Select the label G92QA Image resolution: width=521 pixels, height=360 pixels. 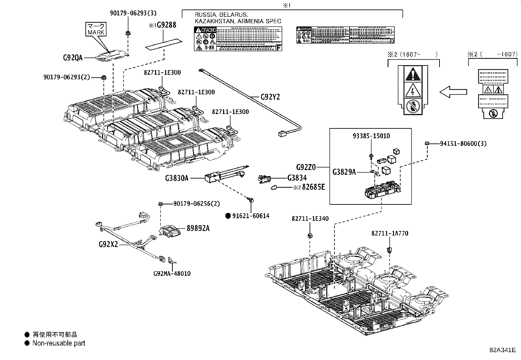pos(73,58)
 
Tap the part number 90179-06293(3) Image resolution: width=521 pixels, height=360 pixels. pos(133,13)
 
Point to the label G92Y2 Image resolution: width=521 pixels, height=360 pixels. pos(270,97)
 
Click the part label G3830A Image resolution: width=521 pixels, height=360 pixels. pos(177,178)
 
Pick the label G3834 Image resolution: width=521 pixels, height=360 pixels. pos(297,178)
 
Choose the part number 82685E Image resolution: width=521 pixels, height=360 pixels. pos(313,187)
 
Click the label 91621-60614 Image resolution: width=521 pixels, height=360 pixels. pos(251,216)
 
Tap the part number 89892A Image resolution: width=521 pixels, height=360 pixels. pos(198,228)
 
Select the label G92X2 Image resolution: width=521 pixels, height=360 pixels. pos(108,244)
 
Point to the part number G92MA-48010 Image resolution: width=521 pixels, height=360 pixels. pos(172,274)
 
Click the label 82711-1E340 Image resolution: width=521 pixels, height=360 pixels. pos(310,218)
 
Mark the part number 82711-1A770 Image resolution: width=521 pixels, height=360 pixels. pos(390,234)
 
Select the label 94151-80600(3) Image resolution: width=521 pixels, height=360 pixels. pos(463,143)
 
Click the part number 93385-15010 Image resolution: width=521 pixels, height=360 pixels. pos(371,136)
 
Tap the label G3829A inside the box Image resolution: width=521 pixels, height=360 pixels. pos(344,172)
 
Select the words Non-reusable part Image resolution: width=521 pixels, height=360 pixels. pos(59,343)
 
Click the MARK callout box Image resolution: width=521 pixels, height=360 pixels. pos(96,29)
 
